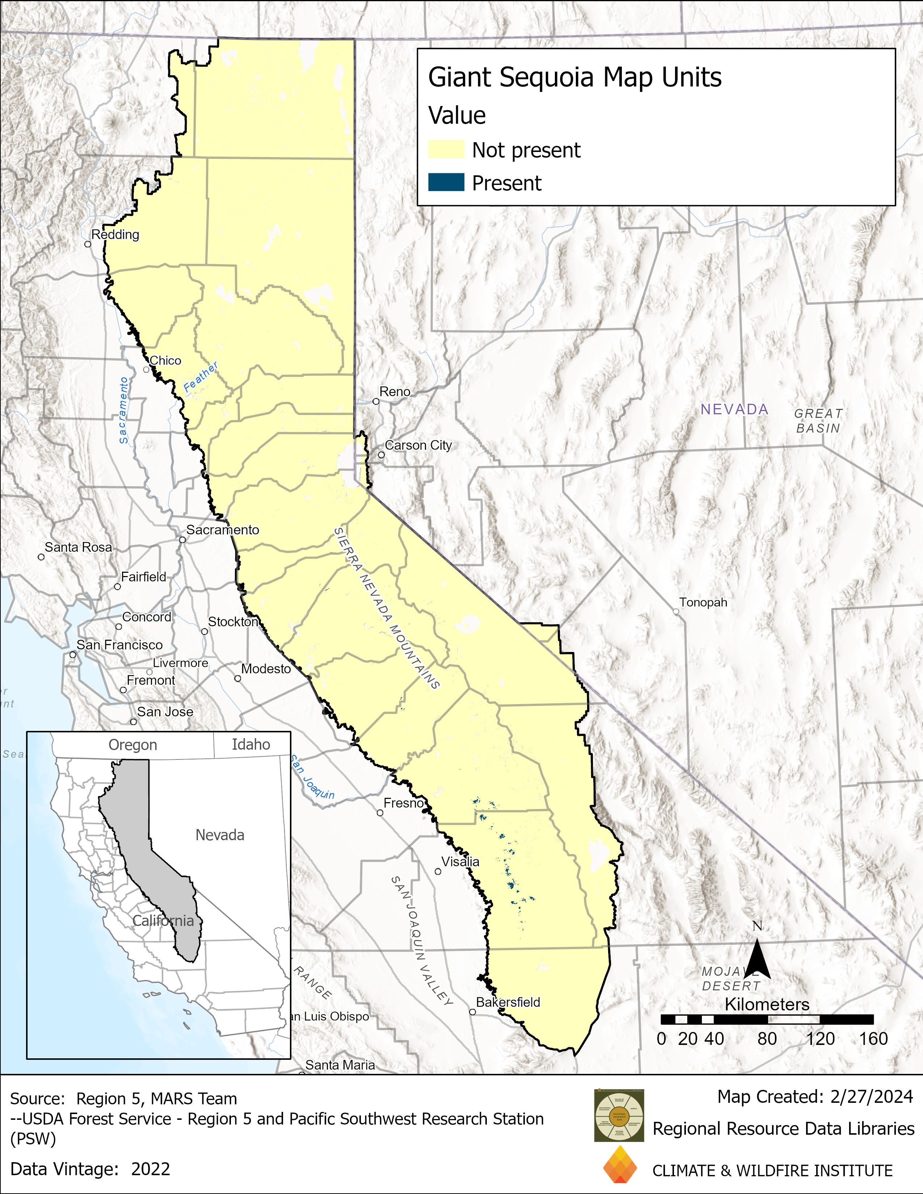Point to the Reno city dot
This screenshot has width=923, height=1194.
point(376,401)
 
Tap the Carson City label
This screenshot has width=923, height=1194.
point(418,445)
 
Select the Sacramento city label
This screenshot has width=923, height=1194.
point(223,530)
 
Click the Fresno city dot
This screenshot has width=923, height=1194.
point(380,813)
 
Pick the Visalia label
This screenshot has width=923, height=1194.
point(460,861)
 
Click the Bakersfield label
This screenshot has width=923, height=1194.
point(508,1002)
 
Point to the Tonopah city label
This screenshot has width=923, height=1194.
point(703,602)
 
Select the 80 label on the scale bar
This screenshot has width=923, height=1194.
point(767,1039)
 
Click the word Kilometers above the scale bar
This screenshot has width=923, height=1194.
point(767,1004)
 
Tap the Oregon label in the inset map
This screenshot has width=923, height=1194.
point(133,745)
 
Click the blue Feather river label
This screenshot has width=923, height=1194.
point(200,377)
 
